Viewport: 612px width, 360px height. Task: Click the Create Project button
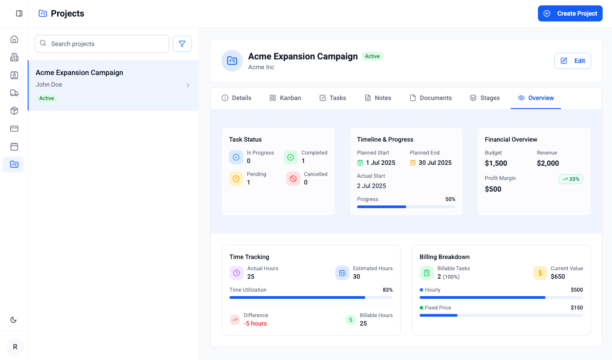[570, 13]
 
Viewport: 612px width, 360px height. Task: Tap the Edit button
[572, 61]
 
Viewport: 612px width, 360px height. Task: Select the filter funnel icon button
[182, 44]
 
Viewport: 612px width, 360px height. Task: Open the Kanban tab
[285, 98]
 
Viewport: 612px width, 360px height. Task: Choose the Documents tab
[431, 98]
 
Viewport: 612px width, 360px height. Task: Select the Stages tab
[485, 98]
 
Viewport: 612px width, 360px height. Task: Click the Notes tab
[378, 98]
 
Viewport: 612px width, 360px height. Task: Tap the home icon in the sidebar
[14, 39]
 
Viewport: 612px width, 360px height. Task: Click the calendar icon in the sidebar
[14, 147]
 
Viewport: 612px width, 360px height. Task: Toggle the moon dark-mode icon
[13, 320]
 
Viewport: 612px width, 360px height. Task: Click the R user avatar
[15, 347]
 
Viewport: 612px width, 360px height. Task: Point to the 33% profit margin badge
[571, 179]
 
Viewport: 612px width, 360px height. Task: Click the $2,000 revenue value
[548, 163]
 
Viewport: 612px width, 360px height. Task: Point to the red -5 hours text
[255, 323]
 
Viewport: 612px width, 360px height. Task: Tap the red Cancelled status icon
[293, 179]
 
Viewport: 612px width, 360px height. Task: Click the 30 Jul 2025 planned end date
[435, 163]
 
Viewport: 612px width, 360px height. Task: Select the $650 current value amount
[558, 276]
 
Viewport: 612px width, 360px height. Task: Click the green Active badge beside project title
[372, 56]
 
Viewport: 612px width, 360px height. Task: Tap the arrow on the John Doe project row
[188, 85]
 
